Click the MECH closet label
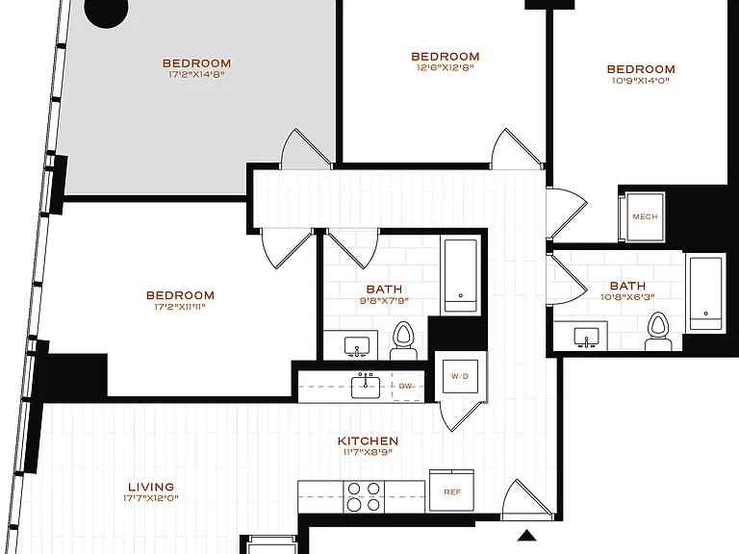click(645, 216)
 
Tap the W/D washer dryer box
click(460, 376)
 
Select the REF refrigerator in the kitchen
click(451, 491)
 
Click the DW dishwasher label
click(405, 386)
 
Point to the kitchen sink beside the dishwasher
click(366, 386)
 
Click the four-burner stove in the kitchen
click(364, 497)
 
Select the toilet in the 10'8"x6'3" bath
click(658, 331)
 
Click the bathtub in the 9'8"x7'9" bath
click(461, 276)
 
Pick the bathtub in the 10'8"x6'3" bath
click(705, 293)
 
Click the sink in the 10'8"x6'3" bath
click(586, 338)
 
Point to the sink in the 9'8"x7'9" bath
click(357, 347)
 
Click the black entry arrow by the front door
click(527, 535)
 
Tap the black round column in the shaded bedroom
click(107, 11)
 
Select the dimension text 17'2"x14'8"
click(196, 74)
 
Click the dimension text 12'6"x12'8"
click(445, 67)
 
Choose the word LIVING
click(151, 487)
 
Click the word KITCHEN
click(369, 441)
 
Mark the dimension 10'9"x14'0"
click(641, 81)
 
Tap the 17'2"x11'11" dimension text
click(180, 307)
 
